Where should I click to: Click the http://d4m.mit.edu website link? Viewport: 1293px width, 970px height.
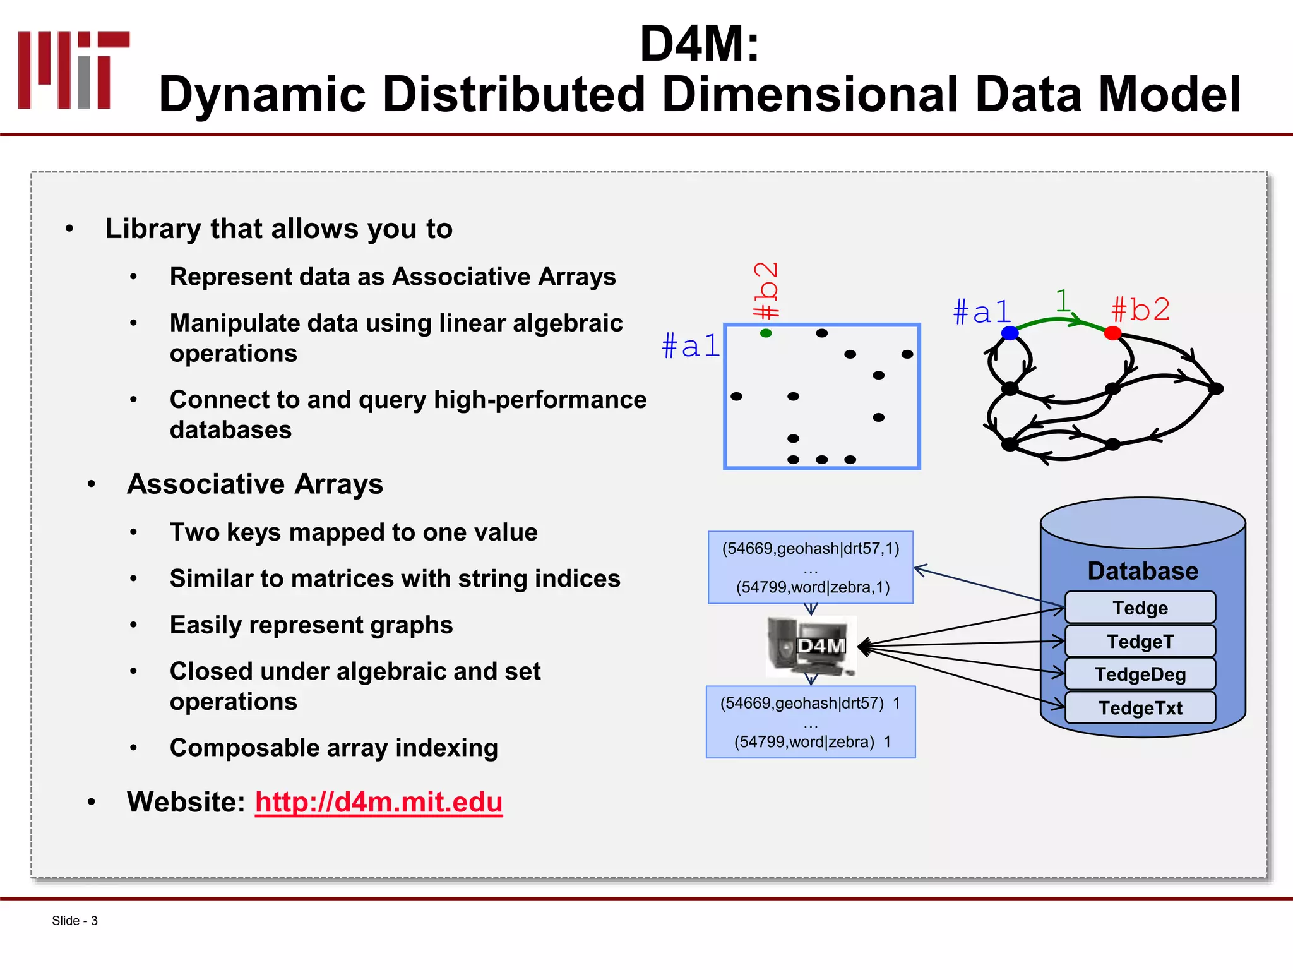point(379,802)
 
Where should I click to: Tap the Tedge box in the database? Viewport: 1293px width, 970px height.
point(1140,608)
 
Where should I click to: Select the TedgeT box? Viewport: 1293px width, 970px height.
point(1140,641)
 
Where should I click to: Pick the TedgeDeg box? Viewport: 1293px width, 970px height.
point(1140,674)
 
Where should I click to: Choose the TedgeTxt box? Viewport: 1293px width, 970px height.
point(1140,708)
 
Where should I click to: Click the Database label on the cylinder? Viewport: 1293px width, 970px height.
point(1142,571)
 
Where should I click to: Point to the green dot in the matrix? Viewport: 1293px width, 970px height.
point(766,333)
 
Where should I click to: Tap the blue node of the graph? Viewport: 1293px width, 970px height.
point(1010,333)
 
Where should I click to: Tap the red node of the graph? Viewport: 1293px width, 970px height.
point(1112,333)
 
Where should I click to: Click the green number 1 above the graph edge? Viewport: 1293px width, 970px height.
point(1063,301)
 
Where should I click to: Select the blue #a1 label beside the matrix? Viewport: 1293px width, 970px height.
point(691,346)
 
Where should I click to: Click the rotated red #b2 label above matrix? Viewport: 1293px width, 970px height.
point(766,290)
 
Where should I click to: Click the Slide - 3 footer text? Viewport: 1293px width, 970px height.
point(74,921)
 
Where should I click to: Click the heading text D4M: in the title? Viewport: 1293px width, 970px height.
point(700,44)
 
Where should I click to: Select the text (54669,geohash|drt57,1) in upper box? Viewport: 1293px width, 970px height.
point(811,548)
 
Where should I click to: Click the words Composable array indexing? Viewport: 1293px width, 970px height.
point(333,748)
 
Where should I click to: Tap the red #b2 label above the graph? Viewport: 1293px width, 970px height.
point(1140,310)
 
